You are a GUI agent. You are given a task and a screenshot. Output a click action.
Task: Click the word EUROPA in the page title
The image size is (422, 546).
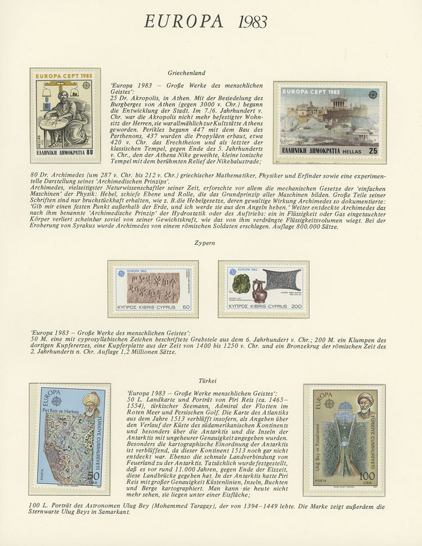[x=183, y=21]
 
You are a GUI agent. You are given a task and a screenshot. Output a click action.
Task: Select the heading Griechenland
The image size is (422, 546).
[x=186, y=73]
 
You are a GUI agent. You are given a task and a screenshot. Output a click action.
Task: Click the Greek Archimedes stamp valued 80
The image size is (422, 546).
[x=65, y=115]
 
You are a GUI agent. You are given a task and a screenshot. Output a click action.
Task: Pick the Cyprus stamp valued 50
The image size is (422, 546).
[x=153, y=289]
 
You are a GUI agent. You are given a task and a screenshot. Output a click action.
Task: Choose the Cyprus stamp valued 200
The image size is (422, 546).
[x=264, y=289]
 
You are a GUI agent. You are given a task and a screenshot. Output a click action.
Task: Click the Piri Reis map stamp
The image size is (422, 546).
[x=67, y=439]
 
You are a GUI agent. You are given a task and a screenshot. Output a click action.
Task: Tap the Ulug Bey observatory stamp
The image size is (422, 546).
[x=344, y=440]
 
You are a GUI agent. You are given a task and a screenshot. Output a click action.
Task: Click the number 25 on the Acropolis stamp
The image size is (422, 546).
[x=373, y=151]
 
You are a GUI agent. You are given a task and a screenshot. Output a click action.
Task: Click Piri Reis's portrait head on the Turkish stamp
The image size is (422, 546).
[x=89, y=400]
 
